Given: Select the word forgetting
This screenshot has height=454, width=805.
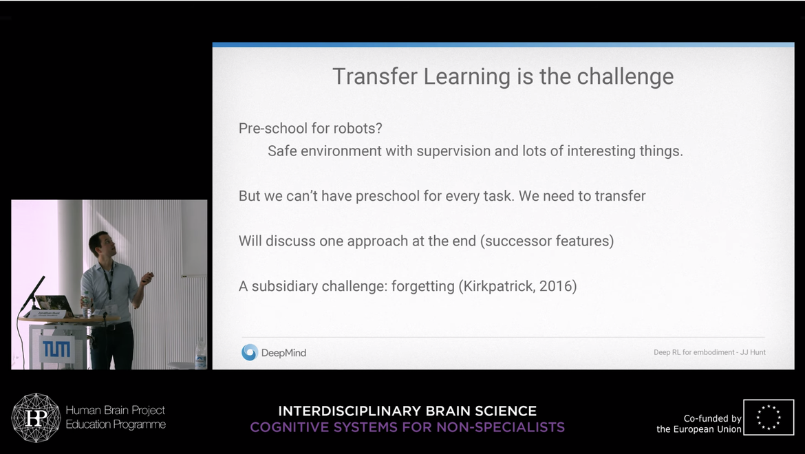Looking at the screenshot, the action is click(x=423, y=286).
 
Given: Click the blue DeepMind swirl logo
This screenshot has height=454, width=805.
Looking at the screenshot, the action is click(x=250, y=352).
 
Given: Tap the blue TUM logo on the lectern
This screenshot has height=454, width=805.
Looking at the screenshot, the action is click(x=56, y=349).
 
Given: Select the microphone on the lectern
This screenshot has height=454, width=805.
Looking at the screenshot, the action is click(x=32, y=294).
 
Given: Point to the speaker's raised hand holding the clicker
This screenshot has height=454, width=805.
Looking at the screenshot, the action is click(x=147, y=278).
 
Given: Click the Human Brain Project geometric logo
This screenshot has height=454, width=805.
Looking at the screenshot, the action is click(x=36, y=418).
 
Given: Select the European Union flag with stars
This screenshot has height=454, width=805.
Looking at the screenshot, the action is click(x=769, y=417).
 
